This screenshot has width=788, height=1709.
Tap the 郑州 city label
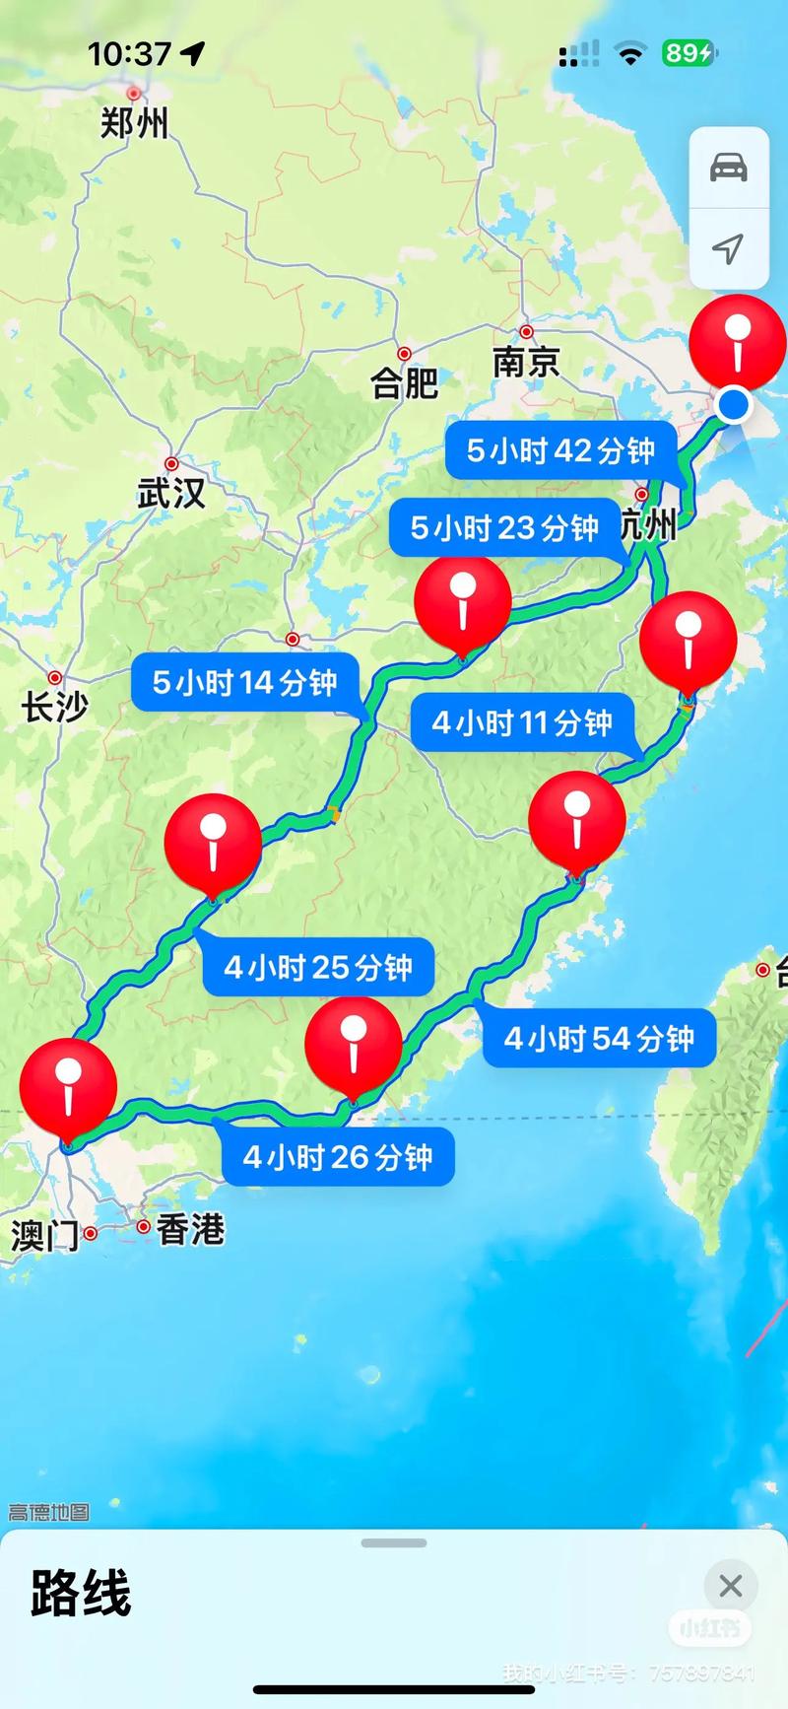134,123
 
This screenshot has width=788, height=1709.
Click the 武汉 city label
171,492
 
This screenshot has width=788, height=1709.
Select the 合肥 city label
404,381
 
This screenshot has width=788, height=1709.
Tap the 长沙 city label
55,706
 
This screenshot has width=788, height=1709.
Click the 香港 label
190,1229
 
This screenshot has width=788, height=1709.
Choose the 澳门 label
44,1235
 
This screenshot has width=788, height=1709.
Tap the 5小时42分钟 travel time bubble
560,450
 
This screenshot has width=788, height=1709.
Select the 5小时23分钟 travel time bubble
504,528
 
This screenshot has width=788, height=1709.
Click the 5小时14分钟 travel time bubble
245,682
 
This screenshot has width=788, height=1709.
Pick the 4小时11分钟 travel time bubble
522,722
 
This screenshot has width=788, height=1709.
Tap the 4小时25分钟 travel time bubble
318,967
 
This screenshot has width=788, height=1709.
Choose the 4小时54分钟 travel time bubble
599,1038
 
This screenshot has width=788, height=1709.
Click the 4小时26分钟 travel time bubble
338,1156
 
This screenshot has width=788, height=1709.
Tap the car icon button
729,168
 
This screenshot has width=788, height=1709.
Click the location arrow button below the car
729,248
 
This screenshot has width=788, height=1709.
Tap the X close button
730,1586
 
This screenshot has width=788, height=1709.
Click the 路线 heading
81,1594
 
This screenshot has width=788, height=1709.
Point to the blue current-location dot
733,404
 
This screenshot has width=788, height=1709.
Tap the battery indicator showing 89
688,53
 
